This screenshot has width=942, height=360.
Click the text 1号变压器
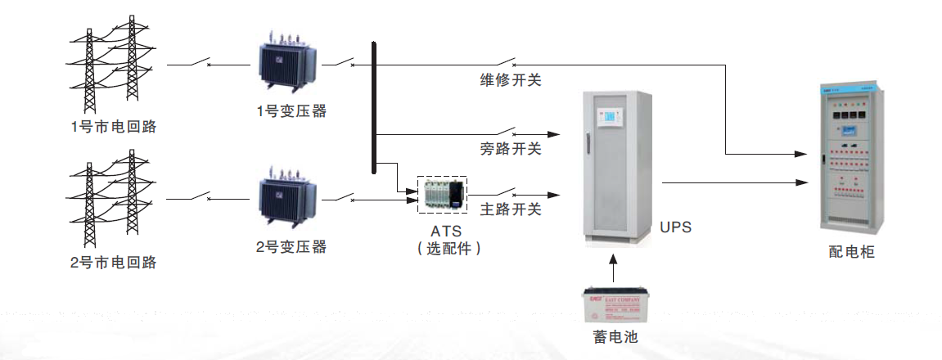[x=291, y=111]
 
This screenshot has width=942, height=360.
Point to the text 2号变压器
[x=291, y=246]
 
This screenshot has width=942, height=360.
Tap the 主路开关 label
[x=510, y=209]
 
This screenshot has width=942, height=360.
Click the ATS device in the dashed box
[x=442, y=195]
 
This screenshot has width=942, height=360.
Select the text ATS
[x=442, y=232]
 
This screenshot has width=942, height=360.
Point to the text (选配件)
[x=443, y=249]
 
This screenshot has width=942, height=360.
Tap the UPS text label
[x=675, y=227]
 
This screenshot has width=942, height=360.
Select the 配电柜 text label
[x=851, y=252]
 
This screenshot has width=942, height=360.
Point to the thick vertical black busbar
[x=373, y=106]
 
